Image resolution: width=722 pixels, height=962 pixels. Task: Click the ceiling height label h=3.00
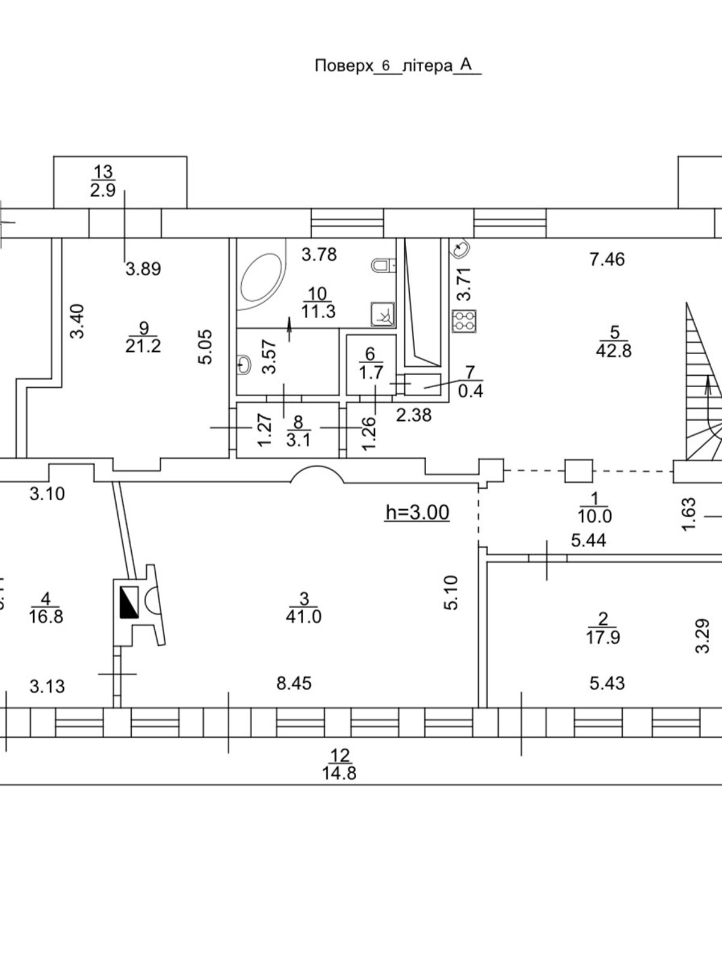pyautogui.click(x=417, y=512)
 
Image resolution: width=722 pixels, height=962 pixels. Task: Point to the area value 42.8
pyautogui.click(x=614, y=351)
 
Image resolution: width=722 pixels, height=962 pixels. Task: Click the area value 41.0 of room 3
pyautogui.click(x=304, y=616)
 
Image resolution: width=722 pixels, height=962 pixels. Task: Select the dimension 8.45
pyautogui.click(x=294, y=683)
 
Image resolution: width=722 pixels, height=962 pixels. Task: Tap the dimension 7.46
pyautogui.click(x=607, y=259)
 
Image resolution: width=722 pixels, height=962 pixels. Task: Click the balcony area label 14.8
pyautogui.click(x=339, y=773)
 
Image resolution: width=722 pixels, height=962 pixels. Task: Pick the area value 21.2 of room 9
pyautogui.click(x=143, y=346)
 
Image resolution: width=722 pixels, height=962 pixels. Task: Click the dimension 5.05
pyautogui.click(x=205, y=346)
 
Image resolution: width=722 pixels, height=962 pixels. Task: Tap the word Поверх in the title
pyautogui.click(x=343, y=66)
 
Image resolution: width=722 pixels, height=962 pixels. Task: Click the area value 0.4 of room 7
pyautogui.click(x=471, y=392)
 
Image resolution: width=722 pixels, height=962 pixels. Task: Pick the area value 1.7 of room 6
pyautogui.click(x=371, y=372)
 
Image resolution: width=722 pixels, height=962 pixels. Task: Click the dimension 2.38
pyautogui.click(x=414, y=414)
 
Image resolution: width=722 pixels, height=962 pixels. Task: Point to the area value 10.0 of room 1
pyautogui.click(x=594, y=516)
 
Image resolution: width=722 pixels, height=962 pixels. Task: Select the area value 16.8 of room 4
pyautogui.click(x=46, y=616)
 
